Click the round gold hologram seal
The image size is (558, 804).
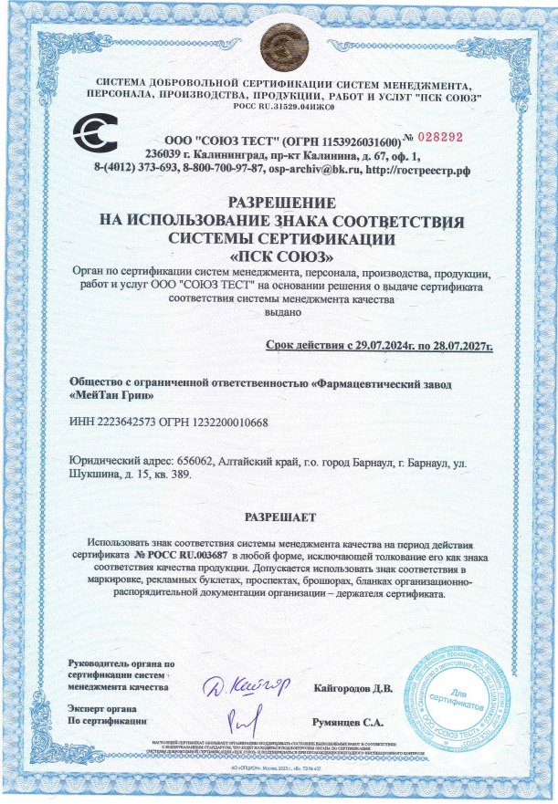[x=278, y=41]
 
